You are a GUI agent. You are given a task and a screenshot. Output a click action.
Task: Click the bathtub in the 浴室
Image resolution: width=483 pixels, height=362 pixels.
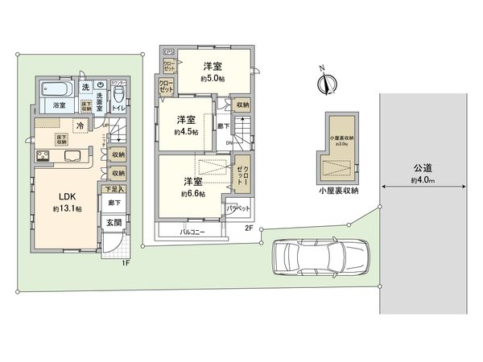pyautogui.click(x=58, y=88)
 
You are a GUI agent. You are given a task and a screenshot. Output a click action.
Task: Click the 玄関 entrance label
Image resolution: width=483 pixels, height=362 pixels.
pyautogui.click(x=114, y=223)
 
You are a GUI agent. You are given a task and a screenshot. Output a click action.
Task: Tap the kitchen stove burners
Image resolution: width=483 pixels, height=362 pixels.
pyautogui.click(x=42, y=156)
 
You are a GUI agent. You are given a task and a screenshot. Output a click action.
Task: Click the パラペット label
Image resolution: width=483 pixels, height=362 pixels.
pyautogui.click(x=237, y=208)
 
